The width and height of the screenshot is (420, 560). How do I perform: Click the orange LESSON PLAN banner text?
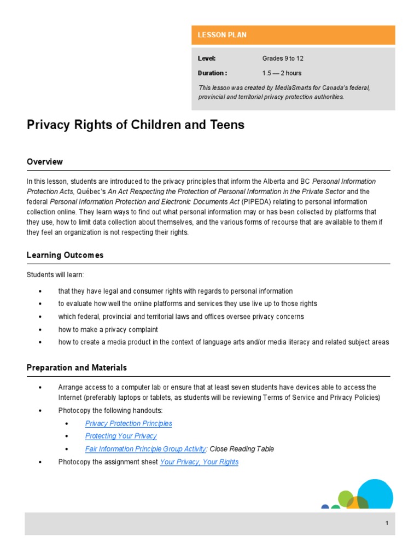point(222,35)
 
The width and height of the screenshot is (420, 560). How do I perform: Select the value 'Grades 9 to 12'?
point(282,59)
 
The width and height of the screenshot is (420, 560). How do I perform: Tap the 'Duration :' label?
point(212,73)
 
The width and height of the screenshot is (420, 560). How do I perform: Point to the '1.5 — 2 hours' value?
point(282,73)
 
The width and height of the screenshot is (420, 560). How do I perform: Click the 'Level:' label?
point(207,59)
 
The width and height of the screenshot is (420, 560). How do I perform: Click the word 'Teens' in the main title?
point(225,125)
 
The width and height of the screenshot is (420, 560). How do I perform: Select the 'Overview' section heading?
point(45,162)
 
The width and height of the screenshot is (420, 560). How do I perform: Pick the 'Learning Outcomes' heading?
point(65,255)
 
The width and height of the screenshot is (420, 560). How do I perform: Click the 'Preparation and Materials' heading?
point(77,368)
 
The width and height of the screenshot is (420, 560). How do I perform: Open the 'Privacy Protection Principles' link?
point(129,423)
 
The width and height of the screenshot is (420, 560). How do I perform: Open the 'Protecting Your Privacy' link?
point(121,436)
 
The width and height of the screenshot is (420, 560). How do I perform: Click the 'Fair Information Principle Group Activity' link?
point(145,449)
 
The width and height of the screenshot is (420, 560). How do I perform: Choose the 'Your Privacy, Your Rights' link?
point(199,462)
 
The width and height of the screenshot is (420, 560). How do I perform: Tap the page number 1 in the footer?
point(387,523)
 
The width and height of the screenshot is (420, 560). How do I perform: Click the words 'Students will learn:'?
point(55,275)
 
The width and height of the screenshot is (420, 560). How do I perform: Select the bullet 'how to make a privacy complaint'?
point(108,329)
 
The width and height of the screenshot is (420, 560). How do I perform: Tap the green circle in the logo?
point(346,498)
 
